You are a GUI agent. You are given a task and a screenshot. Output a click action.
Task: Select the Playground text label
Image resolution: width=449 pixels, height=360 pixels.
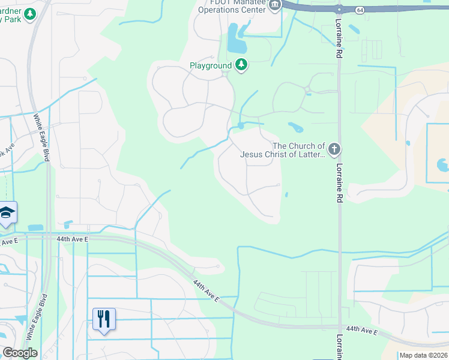[x=210, y=65]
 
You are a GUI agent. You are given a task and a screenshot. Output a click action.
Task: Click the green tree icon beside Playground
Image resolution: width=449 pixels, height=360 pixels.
[x=241, y=64]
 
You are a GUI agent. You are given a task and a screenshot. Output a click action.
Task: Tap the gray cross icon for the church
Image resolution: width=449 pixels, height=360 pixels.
[x=335, y=148]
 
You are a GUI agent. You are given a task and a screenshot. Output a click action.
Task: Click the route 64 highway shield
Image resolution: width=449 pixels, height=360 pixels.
[x=359, y=10]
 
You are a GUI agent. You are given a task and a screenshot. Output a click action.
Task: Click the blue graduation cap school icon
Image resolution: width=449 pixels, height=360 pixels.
[x=7, y=213]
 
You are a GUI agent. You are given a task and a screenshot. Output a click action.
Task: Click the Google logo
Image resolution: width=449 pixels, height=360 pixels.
[x=20, y=353]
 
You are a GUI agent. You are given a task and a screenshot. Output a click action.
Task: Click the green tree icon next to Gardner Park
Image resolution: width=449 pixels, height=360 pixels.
[x=30, y=14]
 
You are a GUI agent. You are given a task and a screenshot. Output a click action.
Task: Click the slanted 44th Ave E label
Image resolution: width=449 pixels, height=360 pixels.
[x=206, y=290]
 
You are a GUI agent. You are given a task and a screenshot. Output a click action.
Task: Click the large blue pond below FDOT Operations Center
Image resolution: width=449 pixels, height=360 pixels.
[x=237, y=41]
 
